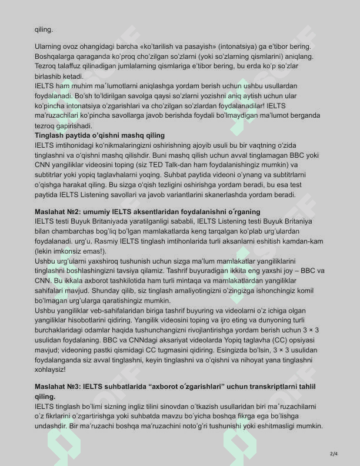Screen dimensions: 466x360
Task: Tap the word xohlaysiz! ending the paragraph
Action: (51, 370)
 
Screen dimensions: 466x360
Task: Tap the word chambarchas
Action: (67, 231)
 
